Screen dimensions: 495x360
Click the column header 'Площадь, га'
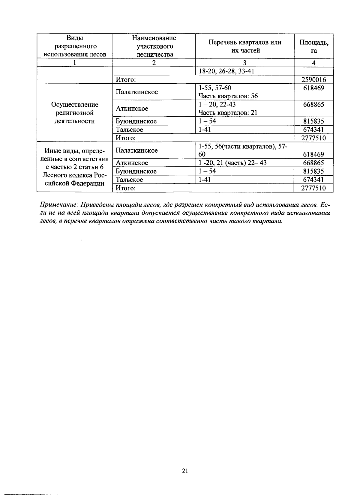tap(313, 46)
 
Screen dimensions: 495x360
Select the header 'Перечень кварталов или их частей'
tap(244, 46)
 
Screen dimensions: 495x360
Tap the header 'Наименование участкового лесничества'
tap(154, 46)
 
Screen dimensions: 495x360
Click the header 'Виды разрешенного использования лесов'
tap(75, 46)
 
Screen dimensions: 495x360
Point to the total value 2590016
tap(313, 80)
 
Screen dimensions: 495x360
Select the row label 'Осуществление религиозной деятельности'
tap(75, 113)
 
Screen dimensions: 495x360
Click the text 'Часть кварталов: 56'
tap(228, 96)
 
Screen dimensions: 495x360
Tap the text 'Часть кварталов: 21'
tap(228, 113)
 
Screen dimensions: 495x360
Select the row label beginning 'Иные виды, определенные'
tap(75, 167)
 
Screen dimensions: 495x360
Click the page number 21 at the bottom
tap(185, 471)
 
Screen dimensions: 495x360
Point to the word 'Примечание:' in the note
tap(59, 205)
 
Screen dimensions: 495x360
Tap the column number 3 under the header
tap(244, 63)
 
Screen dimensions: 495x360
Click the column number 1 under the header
tap(75, 63)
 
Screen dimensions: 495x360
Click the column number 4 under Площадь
tap(313, 63)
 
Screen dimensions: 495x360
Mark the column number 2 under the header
tap(154, 63)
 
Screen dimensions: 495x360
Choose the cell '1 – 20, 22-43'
tap(217, 105)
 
